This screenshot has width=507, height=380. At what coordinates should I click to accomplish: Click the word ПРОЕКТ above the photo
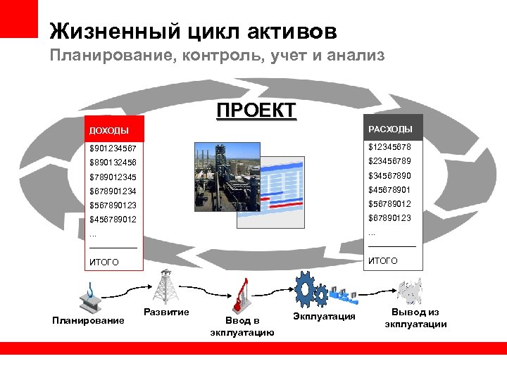(x=256, y=111)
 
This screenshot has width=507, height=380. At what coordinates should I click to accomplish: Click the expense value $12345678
(x=389, y=147)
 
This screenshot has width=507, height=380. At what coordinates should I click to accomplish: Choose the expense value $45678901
(x=389, y=190)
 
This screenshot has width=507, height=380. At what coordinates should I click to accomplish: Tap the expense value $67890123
(x=389, y=218)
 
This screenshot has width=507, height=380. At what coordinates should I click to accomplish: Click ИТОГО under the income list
(x=104, y=262)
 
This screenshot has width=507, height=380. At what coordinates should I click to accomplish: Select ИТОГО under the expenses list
(x=383, y=261)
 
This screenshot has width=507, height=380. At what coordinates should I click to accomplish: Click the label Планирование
(x=88, y=321)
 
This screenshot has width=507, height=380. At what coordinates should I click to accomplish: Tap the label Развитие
(x=165, y=312)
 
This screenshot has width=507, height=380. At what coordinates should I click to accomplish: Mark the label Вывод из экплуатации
(x=415, y=318)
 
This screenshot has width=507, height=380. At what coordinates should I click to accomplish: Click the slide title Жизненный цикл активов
(x=193, y=31)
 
